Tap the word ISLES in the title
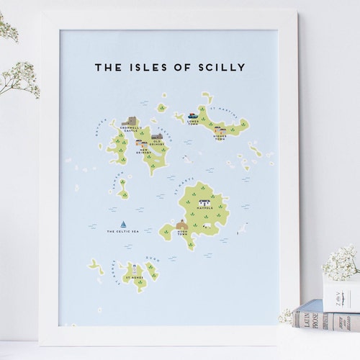tap(146, 68)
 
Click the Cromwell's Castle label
tap(130, 130)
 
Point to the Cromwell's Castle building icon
tap(131, 121)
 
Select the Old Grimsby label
tap(157, 142)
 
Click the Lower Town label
tap(192, 123)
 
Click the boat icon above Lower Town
tap(193, 114)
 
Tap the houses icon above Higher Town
tap(219, 129)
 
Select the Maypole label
tap(204, 210)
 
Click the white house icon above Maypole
tap(204, 202)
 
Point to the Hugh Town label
tap(182, 233)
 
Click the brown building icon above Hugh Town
tap(182, 225)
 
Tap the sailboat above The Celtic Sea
tap(124, 224)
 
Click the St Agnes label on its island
tap(134, 277)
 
